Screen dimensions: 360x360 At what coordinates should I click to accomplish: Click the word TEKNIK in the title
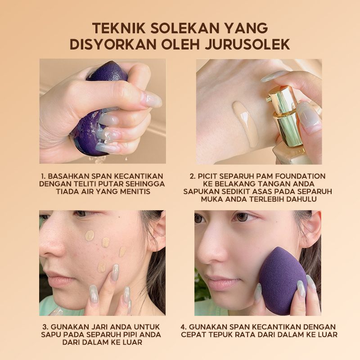pyautogui.click(x=119, y=28)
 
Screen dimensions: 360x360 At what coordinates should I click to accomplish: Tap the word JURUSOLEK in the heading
pyautogui.click(x=247, y=44)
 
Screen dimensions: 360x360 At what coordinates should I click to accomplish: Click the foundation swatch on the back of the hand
pyautogui.click(x=245, y=124)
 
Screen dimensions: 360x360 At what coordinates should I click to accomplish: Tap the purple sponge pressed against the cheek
pyautogui.click(x=283, y=280)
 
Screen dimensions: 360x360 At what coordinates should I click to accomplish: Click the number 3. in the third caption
pyautogui.click(x=45, y=327)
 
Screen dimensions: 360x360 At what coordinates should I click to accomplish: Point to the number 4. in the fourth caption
pyautogui.click(x=184, y=327)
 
